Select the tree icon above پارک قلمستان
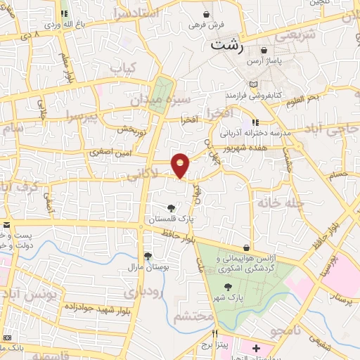pos(172,207)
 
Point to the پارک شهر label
pos(228,299)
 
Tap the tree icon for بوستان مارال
pos(147,257)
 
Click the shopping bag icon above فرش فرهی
pos(206,14)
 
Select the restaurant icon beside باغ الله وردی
pos(65,13)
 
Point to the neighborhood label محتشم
pos(192,318)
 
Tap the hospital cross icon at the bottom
pos(256,347)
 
